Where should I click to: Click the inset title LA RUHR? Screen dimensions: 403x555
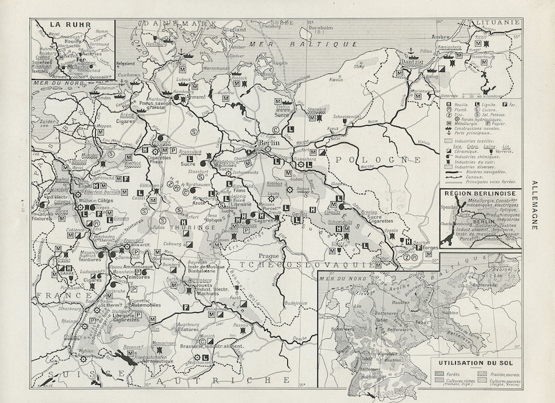[65, 22]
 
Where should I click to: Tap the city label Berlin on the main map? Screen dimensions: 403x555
[269, 142]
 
